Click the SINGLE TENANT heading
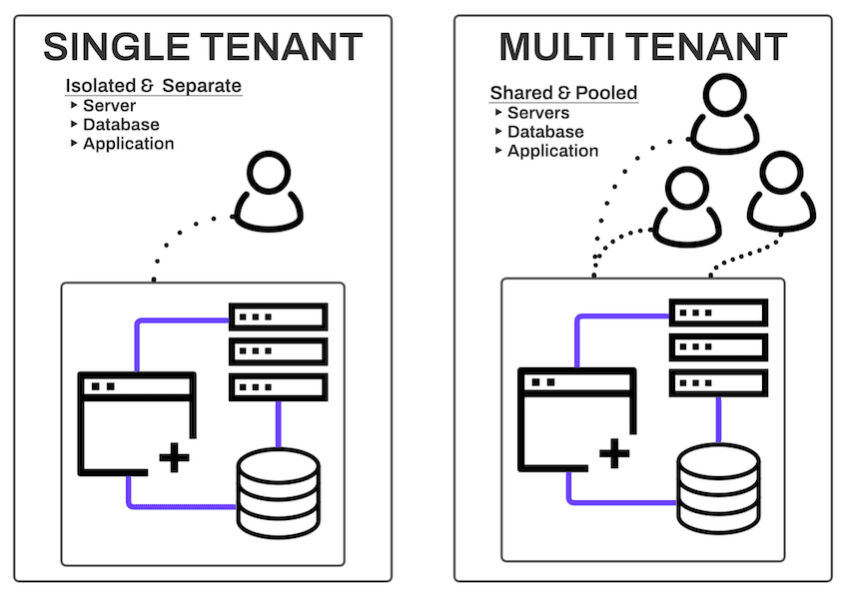click(x=203, y=47)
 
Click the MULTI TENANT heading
click(x=642, y=47)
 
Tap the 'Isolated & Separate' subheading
click(x=154, y=86)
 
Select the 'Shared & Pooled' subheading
click(x=563, y=93)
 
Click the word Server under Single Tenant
click(x=110, y=105)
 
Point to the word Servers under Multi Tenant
click(x=538, y=113)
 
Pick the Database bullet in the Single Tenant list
click(x=121, y=124)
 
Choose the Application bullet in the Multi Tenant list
click(x=552, y=151)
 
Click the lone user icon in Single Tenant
click(x=268, y=194)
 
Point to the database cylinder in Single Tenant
click(x=278, y=492)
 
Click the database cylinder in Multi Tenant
click(x=718, y=487)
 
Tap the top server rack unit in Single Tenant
click(x=279, y=317)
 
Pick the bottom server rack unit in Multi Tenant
click(x=718, y=381)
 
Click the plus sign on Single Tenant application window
click(x=175, y=458)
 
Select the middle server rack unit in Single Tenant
click(x=279, y=351)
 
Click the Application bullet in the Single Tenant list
click(x=128, y=143)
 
